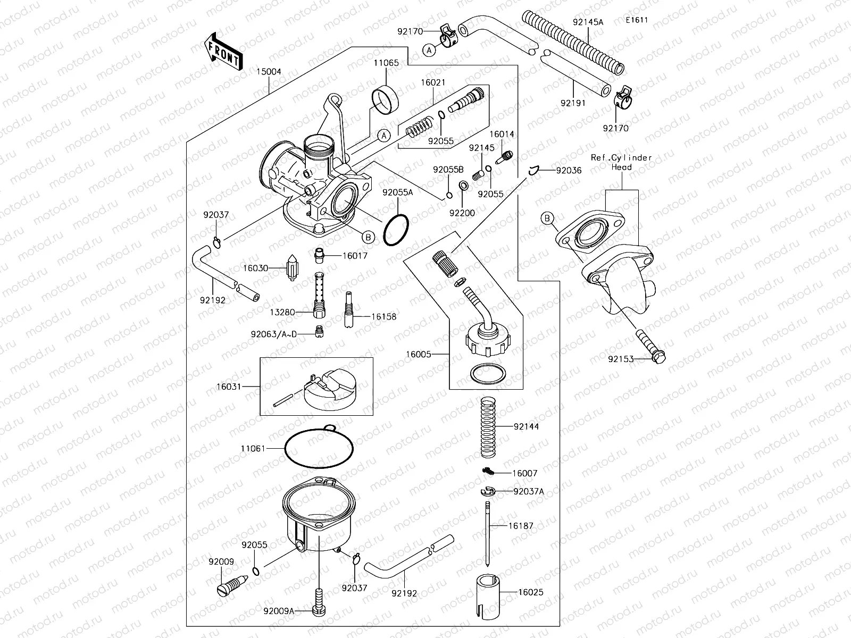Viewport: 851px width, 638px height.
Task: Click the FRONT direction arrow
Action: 222,52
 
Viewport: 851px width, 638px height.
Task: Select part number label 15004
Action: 269,72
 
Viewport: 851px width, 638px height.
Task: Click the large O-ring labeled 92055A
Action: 396,230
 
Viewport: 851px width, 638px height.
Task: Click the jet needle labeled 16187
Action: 487,537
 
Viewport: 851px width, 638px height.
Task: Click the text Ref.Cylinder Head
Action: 621,162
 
